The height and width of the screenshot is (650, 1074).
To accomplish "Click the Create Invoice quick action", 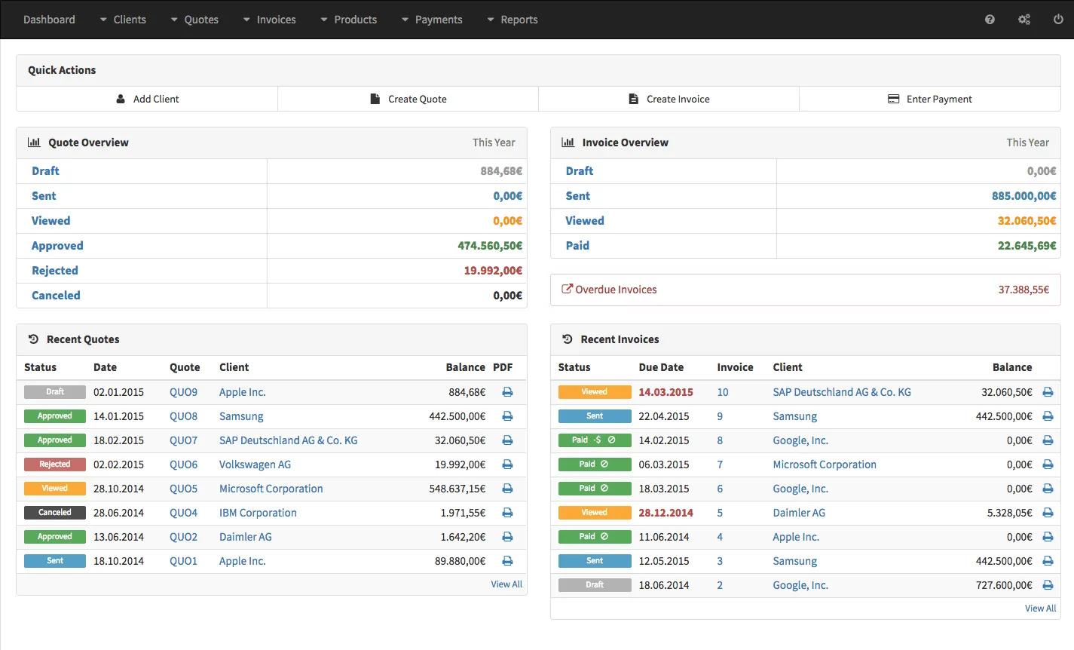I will click(669, 99).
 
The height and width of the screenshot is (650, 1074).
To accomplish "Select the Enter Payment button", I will click(930, 99).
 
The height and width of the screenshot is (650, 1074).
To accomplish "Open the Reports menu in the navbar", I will click(513, 20).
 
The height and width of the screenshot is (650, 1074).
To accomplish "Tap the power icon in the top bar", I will click(1058, 20).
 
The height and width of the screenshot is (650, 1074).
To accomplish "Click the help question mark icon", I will click(990, 20).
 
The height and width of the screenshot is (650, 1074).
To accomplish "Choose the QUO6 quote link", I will click(183, 465).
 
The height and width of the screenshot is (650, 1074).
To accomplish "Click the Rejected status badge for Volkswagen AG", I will click(55, 465).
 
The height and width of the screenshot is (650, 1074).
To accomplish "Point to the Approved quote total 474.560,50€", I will click(489, 246).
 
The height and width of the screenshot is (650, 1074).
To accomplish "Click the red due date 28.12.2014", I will click(666, 513).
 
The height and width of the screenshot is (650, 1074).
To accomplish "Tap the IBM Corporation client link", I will click(258, 513).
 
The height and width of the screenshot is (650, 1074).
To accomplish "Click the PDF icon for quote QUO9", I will click(507, 392).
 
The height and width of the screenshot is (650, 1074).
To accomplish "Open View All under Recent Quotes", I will click(506, 584).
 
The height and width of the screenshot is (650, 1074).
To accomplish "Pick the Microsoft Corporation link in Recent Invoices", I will click(825, 465).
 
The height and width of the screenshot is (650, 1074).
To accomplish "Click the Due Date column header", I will click(661, 367).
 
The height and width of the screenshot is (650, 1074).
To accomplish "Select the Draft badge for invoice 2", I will click(595, 585).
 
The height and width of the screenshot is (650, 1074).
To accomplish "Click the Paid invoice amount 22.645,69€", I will click(1027, 246).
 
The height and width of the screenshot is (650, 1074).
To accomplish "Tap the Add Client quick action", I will click(148, 99).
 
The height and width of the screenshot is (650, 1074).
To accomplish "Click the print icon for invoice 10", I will click(1048, 392).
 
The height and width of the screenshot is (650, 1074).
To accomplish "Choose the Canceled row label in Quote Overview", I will click(56, 296).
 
